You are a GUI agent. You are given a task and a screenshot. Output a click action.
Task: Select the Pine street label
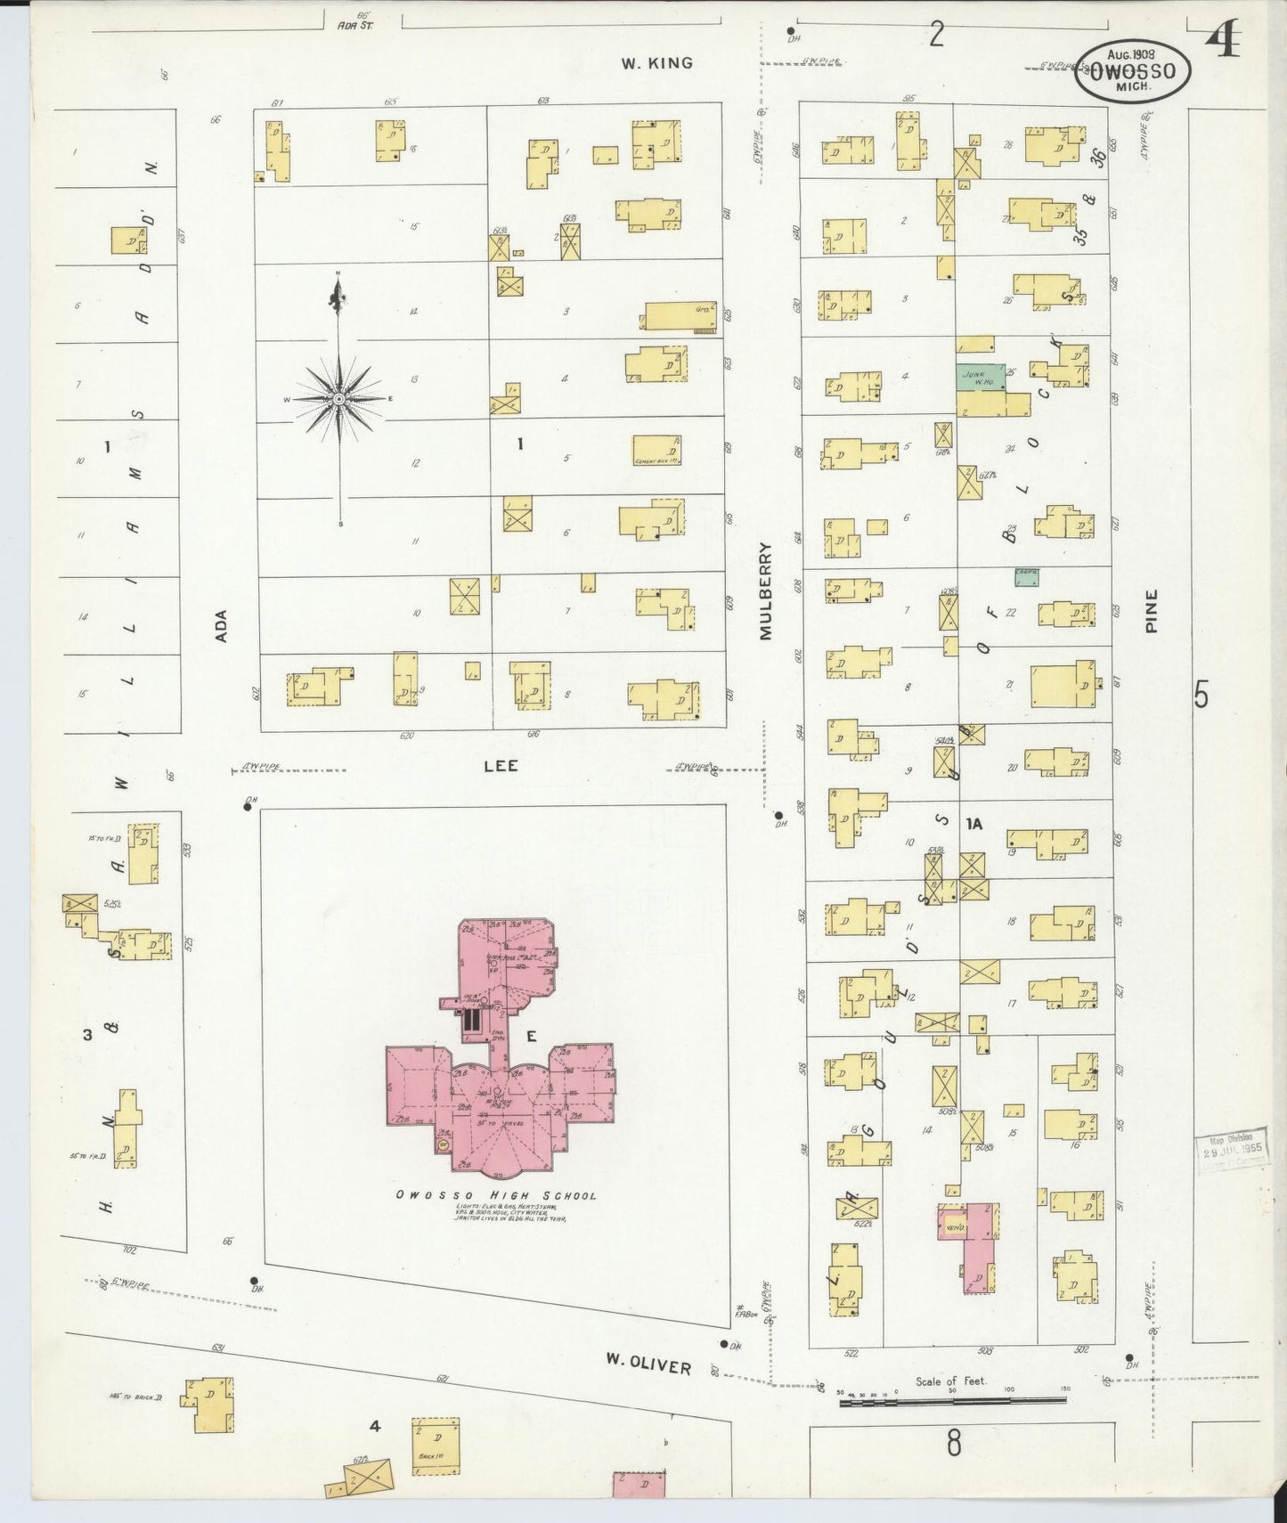1152,611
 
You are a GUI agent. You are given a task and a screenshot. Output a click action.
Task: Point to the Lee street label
501,765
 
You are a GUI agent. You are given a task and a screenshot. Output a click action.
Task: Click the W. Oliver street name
648,1364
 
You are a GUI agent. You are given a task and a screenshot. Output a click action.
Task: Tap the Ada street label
222,625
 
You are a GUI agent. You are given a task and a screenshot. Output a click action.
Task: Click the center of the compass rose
338,400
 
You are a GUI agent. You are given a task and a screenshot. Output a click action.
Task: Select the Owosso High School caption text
496,1195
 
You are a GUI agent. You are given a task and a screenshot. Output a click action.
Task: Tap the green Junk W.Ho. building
981,377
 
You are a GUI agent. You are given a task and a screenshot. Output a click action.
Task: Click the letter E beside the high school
531,1035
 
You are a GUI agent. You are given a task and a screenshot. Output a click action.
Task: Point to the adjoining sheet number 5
1201,694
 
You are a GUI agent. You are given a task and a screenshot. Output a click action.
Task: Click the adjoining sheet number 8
953,1444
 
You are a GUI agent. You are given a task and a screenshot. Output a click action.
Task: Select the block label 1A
973,825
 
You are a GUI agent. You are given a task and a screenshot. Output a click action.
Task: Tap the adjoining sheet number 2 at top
936,36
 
